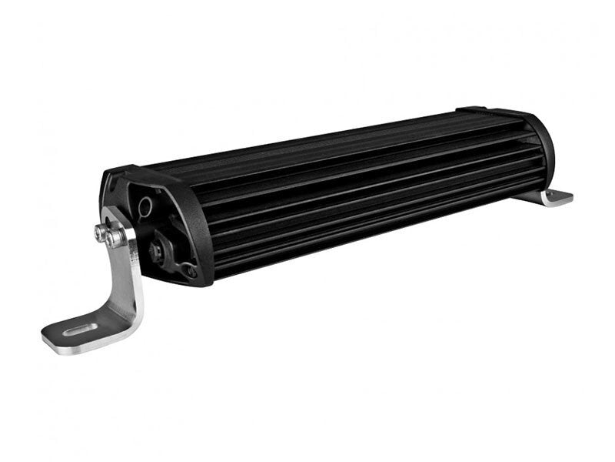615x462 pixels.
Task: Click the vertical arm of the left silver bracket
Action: coord(127,269)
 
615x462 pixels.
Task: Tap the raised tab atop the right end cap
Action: coord(470,109)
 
